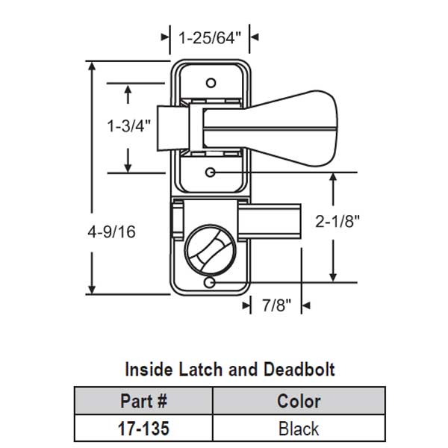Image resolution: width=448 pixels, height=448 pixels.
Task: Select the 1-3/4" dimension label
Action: click(x=128, y=126)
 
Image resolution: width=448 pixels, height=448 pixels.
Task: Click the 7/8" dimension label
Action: click(x=275, y=305)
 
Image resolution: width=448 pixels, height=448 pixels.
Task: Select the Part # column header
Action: click(x=143, y=402)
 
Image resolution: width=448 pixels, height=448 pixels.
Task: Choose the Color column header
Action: click(x=299, y=402)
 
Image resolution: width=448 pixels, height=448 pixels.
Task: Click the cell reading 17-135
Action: click(x=143, y=429)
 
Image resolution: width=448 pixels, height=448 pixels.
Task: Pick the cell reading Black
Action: click(x=299, y=429)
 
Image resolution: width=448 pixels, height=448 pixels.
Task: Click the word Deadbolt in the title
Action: click(x=298, y=369)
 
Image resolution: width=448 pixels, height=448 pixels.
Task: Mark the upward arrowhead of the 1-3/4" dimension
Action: click(x=128, y=91)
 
